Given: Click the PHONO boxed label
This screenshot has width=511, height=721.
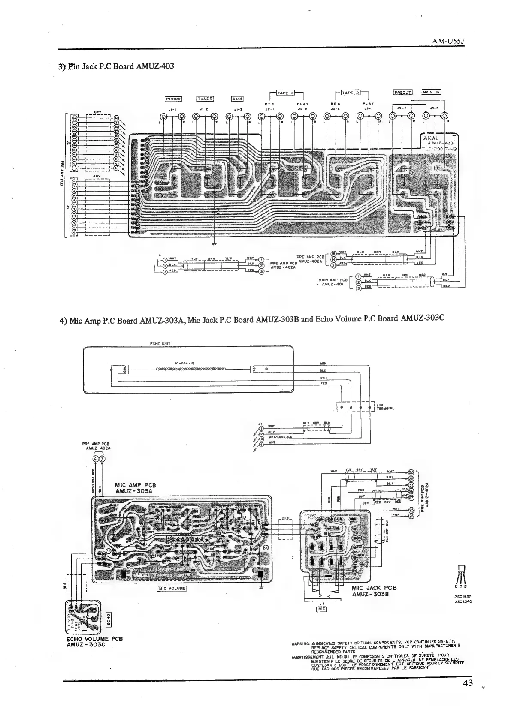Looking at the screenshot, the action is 173,99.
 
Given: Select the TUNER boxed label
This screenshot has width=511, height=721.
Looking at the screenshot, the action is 205,99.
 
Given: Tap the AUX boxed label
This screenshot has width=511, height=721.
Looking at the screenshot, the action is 237,99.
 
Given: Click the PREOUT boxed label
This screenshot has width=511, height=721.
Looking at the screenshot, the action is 402,92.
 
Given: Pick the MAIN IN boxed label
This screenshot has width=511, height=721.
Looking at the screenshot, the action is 431,92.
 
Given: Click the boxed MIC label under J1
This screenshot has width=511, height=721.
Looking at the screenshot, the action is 321,609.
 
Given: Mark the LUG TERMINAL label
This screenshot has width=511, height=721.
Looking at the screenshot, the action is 385,406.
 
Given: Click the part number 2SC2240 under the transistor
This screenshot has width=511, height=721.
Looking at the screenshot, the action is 463,601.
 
